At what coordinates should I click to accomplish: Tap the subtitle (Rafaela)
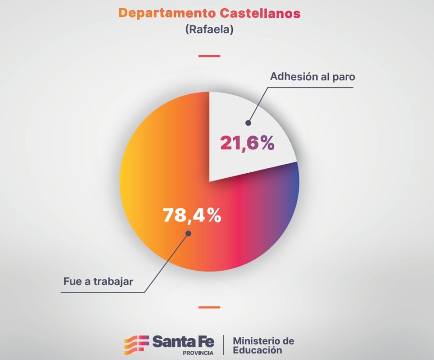click(x=209, y=30)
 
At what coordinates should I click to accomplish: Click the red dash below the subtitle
click(x=209, y=56)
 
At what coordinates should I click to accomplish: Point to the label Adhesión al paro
click(x=312, y=77)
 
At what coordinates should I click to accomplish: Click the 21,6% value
click(x=247, y=143)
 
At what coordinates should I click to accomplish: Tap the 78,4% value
click(x=192, y=215)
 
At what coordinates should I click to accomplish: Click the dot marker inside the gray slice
click(x=248, y=123)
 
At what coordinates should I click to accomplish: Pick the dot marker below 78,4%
click(x=188, y=233)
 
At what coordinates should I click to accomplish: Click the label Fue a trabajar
click(x=98, y=281)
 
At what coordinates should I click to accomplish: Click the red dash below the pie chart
click(x=209, y=307)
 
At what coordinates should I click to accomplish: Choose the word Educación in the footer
click(x=257, y=350)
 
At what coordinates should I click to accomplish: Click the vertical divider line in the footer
click(x=223, y=345)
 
